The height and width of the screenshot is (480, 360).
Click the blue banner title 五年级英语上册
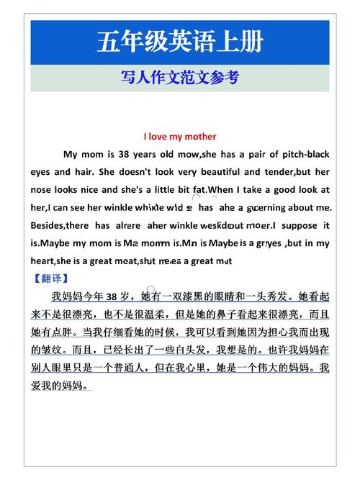coord(179,42)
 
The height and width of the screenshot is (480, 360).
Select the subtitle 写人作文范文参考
coord(179,78)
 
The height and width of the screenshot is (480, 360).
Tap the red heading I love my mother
coord(179,136)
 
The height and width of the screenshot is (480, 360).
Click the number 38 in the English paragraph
coord(125,154)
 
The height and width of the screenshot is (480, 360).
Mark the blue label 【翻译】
coord(51,278)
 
